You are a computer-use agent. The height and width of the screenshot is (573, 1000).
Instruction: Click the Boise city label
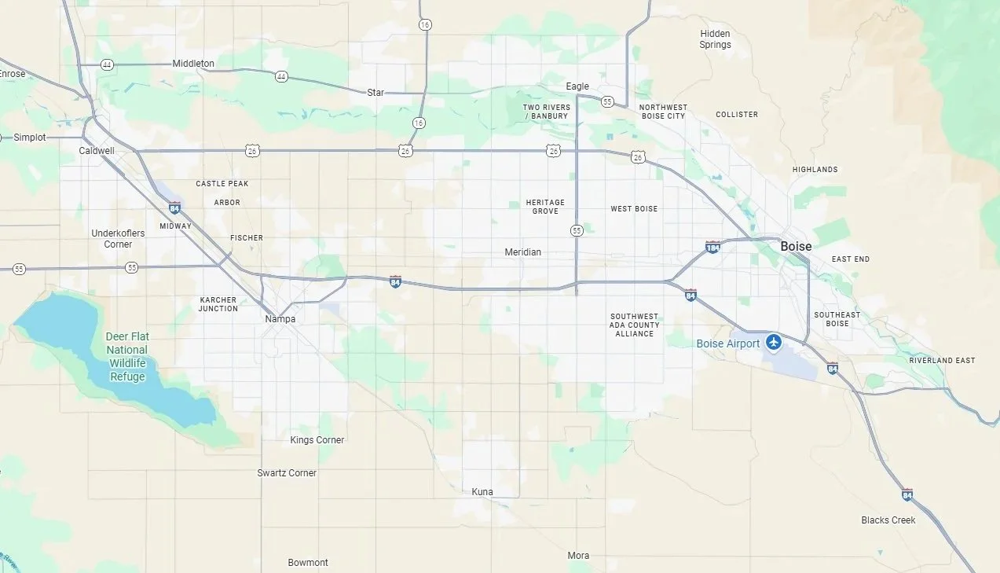point(796,246)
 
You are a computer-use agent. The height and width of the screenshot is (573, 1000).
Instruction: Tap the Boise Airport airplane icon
point(775,342)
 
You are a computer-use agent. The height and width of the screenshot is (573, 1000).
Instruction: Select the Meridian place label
point(522,252)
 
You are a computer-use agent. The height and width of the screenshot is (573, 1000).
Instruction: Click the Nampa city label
point(280,319)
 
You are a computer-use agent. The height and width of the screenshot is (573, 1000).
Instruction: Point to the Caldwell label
point(97,150)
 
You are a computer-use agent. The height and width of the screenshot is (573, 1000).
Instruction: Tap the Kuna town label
point(482,492)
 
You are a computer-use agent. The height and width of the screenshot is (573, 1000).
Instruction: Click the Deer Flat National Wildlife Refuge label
point(127,357)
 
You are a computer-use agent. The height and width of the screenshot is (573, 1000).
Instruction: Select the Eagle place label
point(577,86)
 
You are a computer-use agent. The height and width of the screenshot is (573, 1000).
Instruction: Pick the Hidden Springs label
point(715,39)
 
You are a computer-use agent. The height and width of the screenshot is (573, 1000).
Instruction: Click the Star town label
point(376,93)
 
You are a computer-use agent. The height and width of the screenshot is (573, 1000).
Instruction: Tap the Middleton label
point(193,64)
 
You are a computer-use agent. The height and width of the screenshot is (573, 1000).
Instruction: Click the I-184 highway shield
point(712,247)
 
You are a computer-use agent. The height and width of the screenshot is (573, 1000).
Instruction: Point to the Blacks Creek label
point(888,520)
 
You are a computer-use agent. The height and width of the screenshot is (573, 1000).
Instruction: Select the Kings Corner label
point(317,440)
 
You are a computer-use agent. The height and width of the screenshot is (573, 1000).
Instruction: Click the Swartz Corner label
point(287,473)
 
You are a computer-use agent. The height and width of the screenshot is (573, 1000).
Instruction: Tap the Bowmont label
point(308,563)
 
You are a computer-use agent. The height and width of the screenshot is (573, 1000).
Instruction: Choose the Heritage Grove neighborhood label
point(545,207)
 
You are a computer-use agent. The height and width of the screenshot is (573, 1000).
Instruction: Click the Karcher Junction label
point(218,304)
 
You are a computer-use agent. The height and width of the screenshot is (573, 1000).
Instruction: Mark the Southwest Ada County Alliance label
point(635,325)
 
